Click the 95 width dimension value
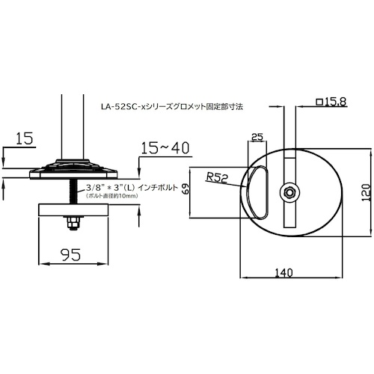(71, 254)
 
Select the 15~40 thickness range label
(165, 148)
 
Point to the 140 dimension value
(283, 273)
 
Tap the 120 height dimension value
(366, 193)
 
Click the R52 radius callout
(217, 179)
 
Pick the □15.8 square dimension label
(331, 102)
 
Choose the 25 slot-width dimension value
(257, 137)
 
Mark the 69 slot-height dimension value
(186, 188)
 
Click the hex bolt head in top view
(289, 192)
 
